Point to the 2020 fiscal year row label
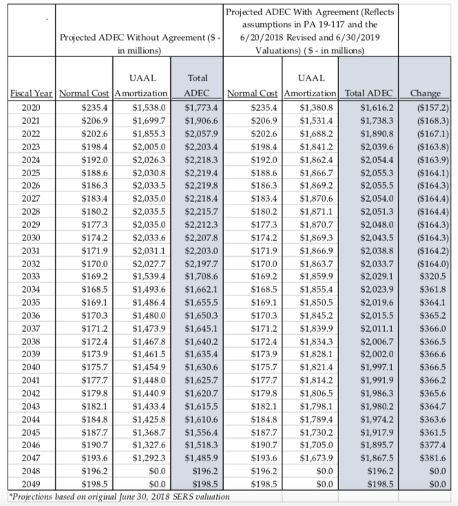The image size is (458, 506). pos(31,107)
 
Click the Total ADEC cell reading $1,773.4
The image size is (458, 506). pos(202,107)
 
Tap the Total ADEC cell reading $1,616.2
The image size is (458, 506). pos(374,107)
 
